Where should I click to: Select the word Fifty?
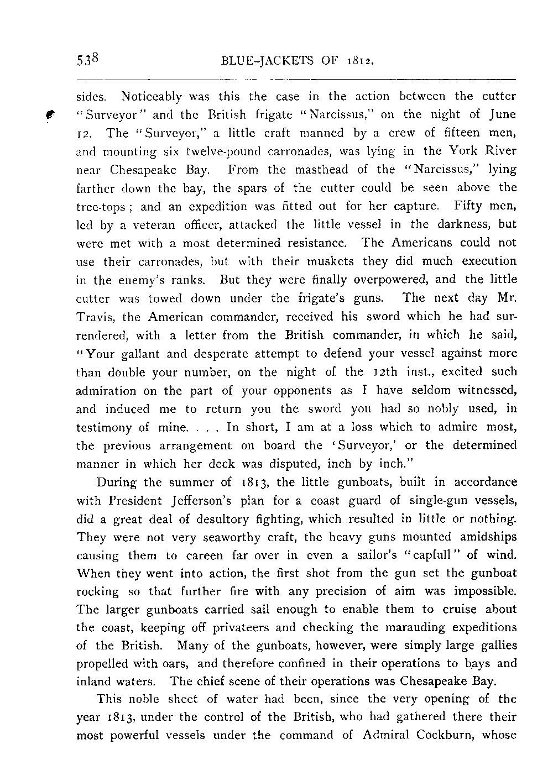tap(468, 206)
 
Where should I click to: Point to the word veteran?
tap(137, 224)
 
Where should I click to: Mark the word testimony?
tap(104, 427)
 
